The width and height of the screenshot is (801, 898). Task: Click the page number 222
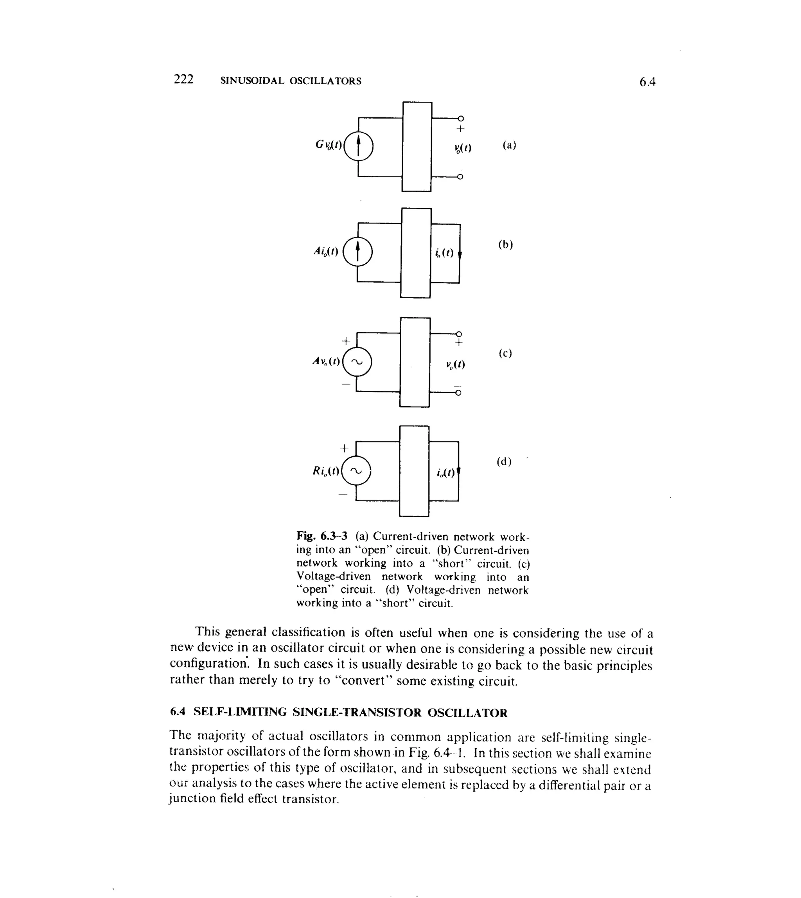click(x=183, y=79)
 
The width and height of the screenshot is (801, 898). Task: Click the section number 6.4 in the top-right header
click(x=647, y=82)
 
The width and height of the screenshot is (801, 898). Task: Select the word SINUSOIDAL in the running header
click(x=252, y=81)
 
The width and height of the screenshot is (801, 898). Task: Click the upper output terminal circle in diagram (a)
click(x=460, y=118)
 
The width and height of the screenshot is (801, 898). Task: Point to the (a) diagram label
click(x=509, y=145)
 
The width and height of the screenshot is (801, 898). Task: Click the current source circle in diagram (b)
click(x=357, y=252)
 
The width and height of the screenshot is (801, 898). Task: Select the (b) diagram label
click(x=506, y=245)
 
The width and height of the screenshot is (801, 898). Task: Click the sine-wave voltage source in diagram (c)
click(x=357, y=362)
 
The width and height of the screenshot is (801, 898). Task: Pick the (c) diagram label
click(x=505, y=353)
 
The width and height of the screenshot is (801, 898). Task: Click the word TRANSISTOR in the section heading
click(x=379, y=713)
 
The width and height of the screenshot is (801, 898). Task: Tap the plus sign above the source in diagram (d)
click(x=344, y=448)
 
